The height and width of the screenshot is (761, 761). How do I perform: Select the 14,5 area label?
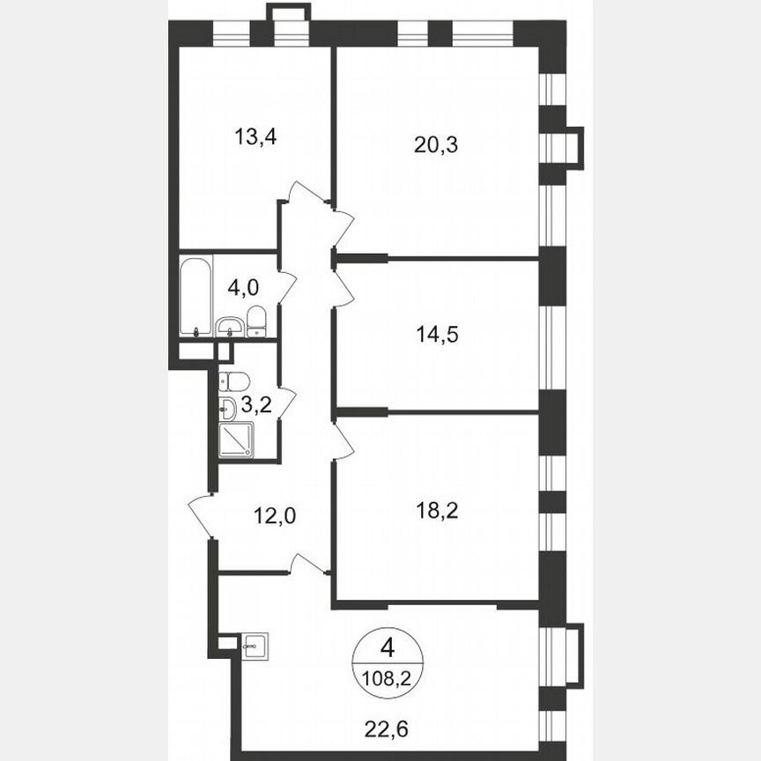[436, 334]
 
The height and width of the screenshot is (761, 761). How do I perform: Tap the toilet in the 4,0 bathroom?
[255, 321]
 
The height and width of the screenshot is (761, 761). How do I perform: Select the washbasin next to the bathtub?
[229, 326]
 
